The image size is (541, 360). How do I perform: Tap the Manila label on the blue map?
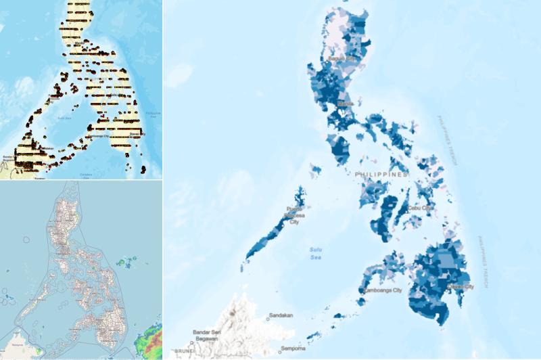345,104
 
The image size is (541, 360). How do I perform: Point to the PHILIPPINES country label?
381,174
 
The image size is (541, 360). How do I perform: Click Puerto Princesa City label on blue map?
293,216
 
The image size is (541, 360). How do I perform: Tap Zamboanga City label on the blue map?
381,291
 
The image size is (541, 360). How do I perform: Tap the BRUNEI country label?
184,352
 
